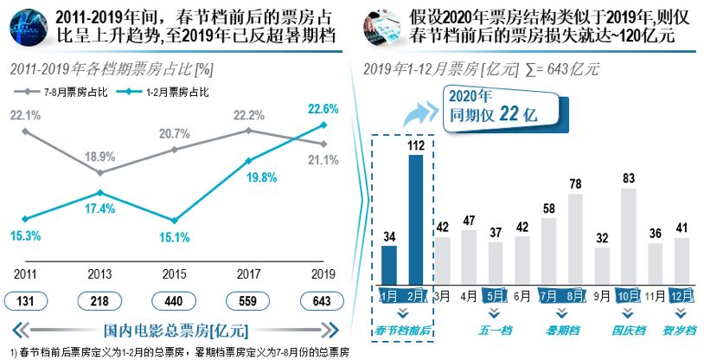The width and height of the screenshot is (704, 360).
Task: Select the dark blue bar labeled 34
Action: point(389,264)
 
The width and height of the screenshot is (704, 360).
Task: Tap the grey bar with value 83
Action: point(629,235)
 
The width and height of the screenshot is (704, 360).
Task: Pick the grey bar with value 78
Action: point(576,238)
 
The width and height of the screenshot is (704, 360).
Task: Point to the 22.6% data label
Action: point(323,108)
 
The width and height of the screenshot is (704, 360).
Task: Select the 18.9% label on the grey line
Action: point(100,157)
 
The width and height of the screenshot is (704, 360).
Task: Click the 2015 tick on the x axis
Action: point(176,274)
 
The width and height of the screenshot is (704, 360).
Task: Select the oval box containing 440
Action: point(176,301)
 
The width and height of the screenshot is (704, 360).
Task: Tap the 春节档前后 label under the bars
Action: point(403,330)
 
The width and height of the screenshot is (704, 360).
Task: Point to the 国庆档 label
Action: point(629,330)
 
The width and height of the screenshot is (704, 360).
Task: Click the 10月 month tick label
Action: point(629,295)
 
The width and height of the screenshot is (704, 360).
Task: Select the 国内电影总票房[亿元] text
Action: point(176,330)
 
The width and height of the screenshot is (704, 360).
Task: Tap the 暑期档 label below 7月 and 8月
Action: point(562,330)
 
